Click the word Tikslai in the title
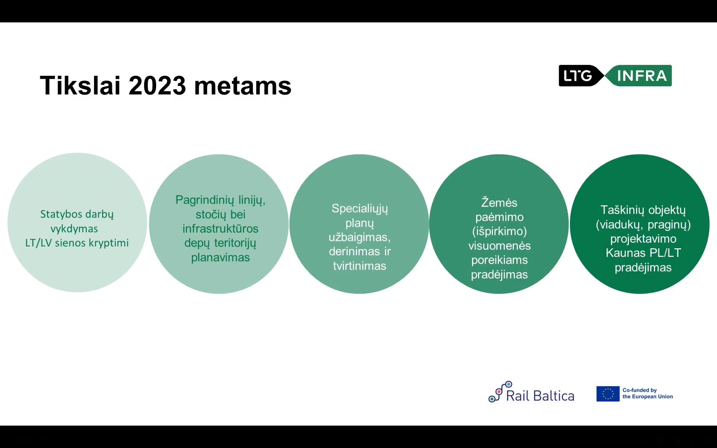tap(80, 85)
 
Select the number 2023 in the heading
tap(157, 85)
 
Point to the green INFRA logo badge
tap(639, 76)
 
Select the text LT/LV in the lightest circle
tap(38, 243)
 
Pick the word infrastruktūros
tap(220, 228)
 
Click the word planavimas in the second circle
tap(220, 258)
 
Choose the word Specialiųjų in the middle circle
tap(360, 209)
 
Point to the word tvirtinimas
tap(360, 266)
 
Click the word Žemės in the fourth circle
tap(499, 202)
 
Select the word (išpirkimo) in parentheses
tap(500, 231)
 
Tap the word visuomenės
tap(500, 246)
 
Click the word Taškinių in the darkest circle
tap(622, 210)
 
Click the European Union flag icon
tap(608, 394)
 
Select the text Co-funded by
tap(639, 390)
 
